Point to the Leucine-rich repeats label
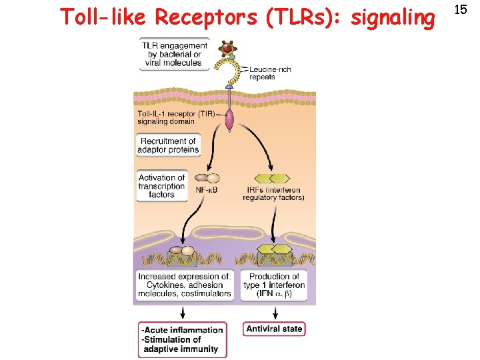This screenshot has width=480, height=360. (269, 73)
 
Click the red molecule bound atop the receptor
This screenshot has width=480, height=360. (229, 49)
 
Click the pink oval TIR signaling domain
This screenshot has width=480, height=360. (229, 120)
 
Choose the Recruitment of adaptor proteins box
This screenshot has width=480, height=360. (168, 145)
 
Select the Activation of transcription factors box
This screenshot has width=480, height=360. (161, 186)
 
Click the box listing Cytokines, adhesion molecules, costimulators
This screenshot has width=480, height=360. (185, 285)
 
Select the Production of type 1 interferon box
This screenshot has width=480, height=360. (274, 285)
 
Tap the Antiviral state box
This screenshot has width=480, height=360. (274, 329)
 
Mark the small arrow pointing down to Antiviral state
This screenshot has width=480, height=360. (275, 312)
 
